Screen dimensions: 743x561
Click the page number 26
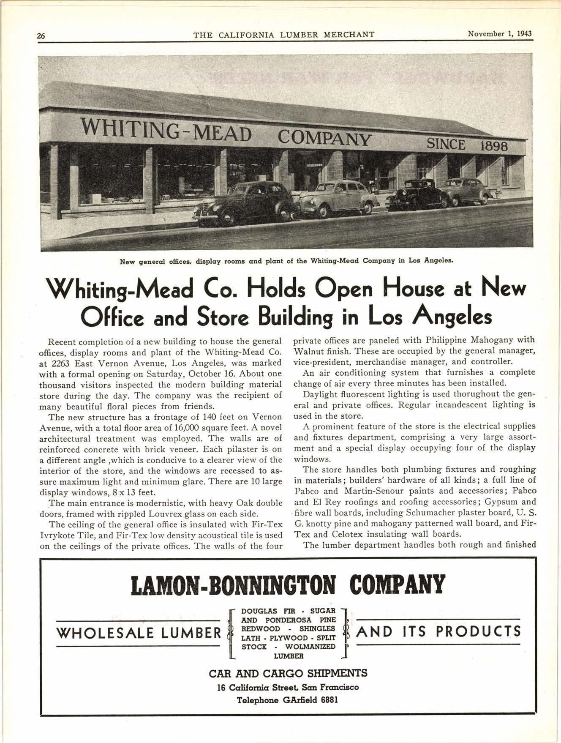(41, 36)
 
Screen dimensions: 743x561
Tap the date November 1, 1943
(500, 34)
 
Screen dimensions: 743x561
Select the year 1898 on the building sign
(490, 146)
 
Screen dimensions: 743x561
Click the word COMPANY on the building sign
(324, 138)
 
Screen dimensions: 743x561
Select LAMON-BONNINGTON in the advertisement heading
(234, 585)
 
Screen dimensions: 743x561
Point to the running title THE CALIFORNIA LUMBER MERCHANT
(284, 35)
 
